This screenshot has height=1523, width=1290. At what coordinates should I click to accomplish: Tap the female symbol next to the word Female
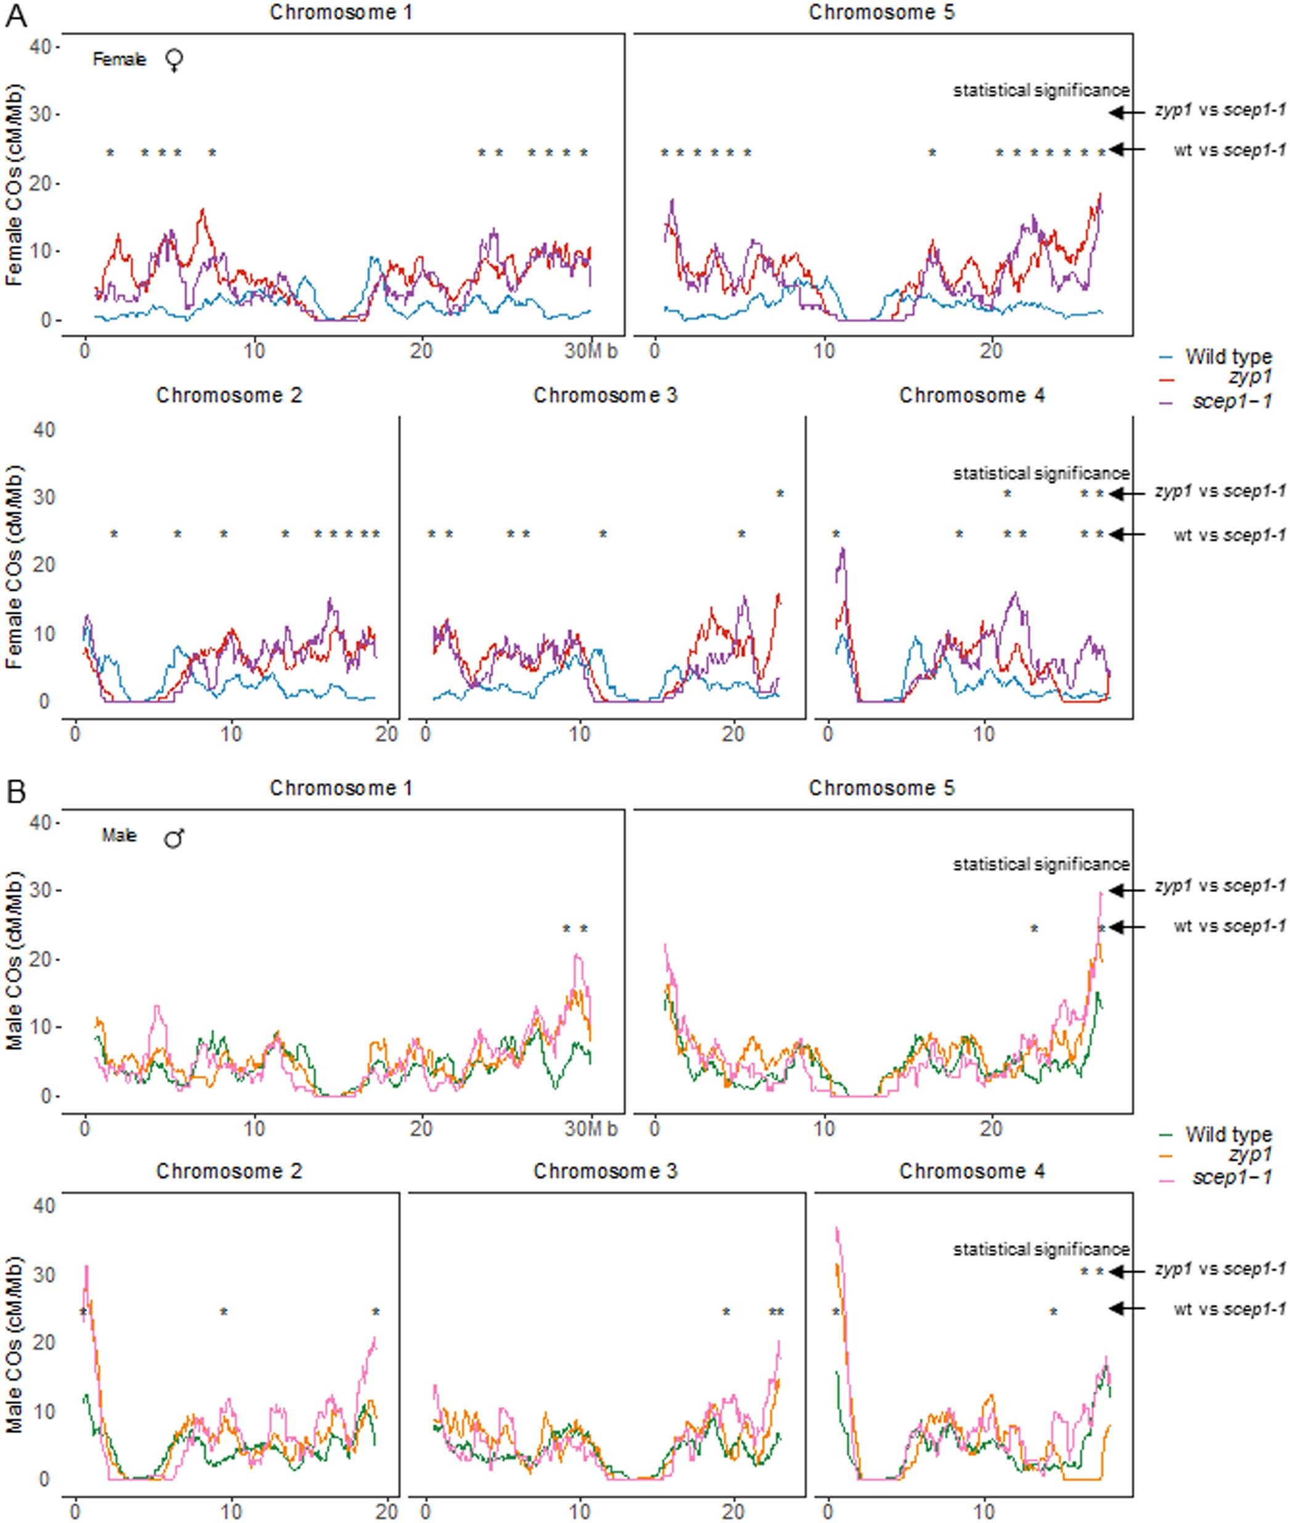174,60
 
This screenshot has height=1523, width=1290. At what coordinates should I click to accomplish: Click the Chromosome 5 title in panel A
882,13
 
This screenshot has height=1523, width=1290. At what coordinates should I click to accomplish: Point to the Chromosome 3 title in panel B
606,1171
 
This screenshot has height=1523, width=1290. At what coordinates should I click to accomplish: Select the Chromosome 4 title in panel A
972,396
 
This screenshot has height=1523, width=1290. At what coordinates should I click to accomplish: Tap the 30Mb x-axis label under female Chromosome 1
591,352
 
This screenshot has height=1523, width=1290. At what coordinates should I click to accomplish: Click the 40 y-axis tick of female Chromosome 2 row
44,430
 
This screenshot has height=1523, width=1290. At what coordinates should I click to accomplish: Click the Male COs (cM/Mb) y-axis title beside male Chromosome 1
15,959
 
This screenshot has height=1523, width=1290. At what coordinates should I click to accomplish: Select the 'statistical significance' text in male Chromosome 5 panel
1041,864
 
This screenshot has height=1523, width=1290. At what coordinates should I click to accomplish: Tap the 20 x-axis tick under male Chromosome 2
387,1508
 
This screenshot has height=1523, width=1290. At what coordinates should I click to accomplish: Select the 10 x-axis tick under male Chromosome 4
984,1508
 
